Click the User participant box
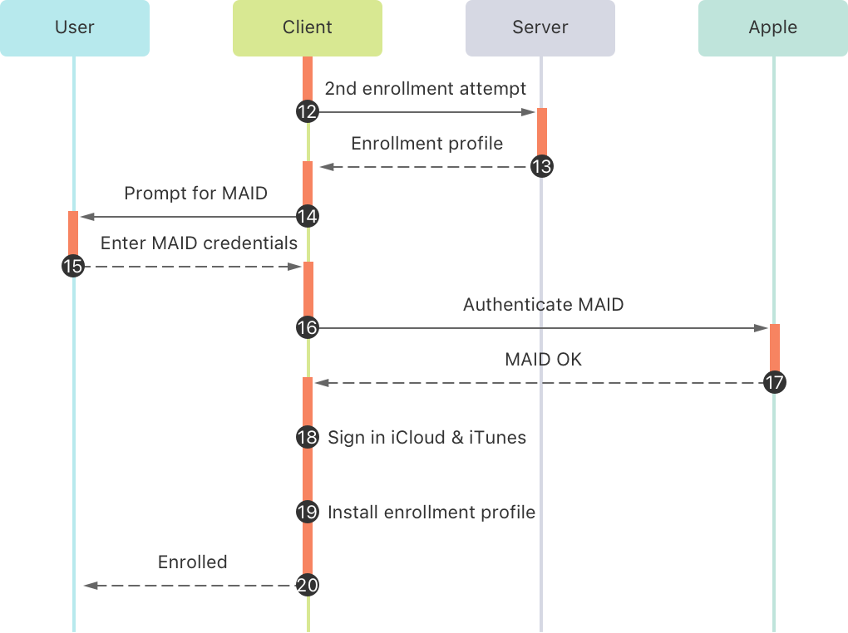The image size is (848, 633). (x=75, y=27)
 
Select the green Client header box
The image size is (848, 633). (x=308, y=27)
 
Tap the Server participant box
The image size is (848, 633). (x=540, y=27)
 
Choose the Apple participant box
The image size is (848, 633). (x=773, y=27)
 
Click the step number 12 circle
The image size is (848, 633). (x=308, y=112)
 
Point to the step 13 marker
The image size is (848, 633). (x=541, y=167)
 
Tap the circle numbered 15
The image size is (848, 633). (x=73, y=267)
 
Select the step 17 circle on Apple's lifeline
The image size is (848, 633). (x=774, y=383)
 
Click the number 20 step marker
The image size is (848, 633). (x=308, y=586)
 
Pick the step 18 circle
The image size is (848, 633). (x=308, y=437)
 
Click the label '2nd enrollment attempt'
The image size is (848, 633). (x=425, y=88)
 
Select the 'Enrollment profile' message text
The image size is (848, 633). (x=426, y=143)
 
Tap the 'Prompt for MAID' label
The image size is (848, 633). (x=195, y=194)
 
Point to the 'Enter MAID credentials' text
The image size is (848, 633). (x=199, y=243)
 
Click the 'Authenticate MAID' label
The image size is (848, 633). (x=543, y=305)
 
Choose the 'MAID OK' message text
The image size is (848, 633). (x=543, y=360)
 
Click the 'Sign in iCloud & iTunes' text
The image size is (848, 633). (x=426, y=437)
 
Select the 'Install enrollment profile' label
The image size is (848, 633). (x=431, y=512)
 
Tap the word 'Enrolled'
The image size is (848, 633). (x=192, y=562)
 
